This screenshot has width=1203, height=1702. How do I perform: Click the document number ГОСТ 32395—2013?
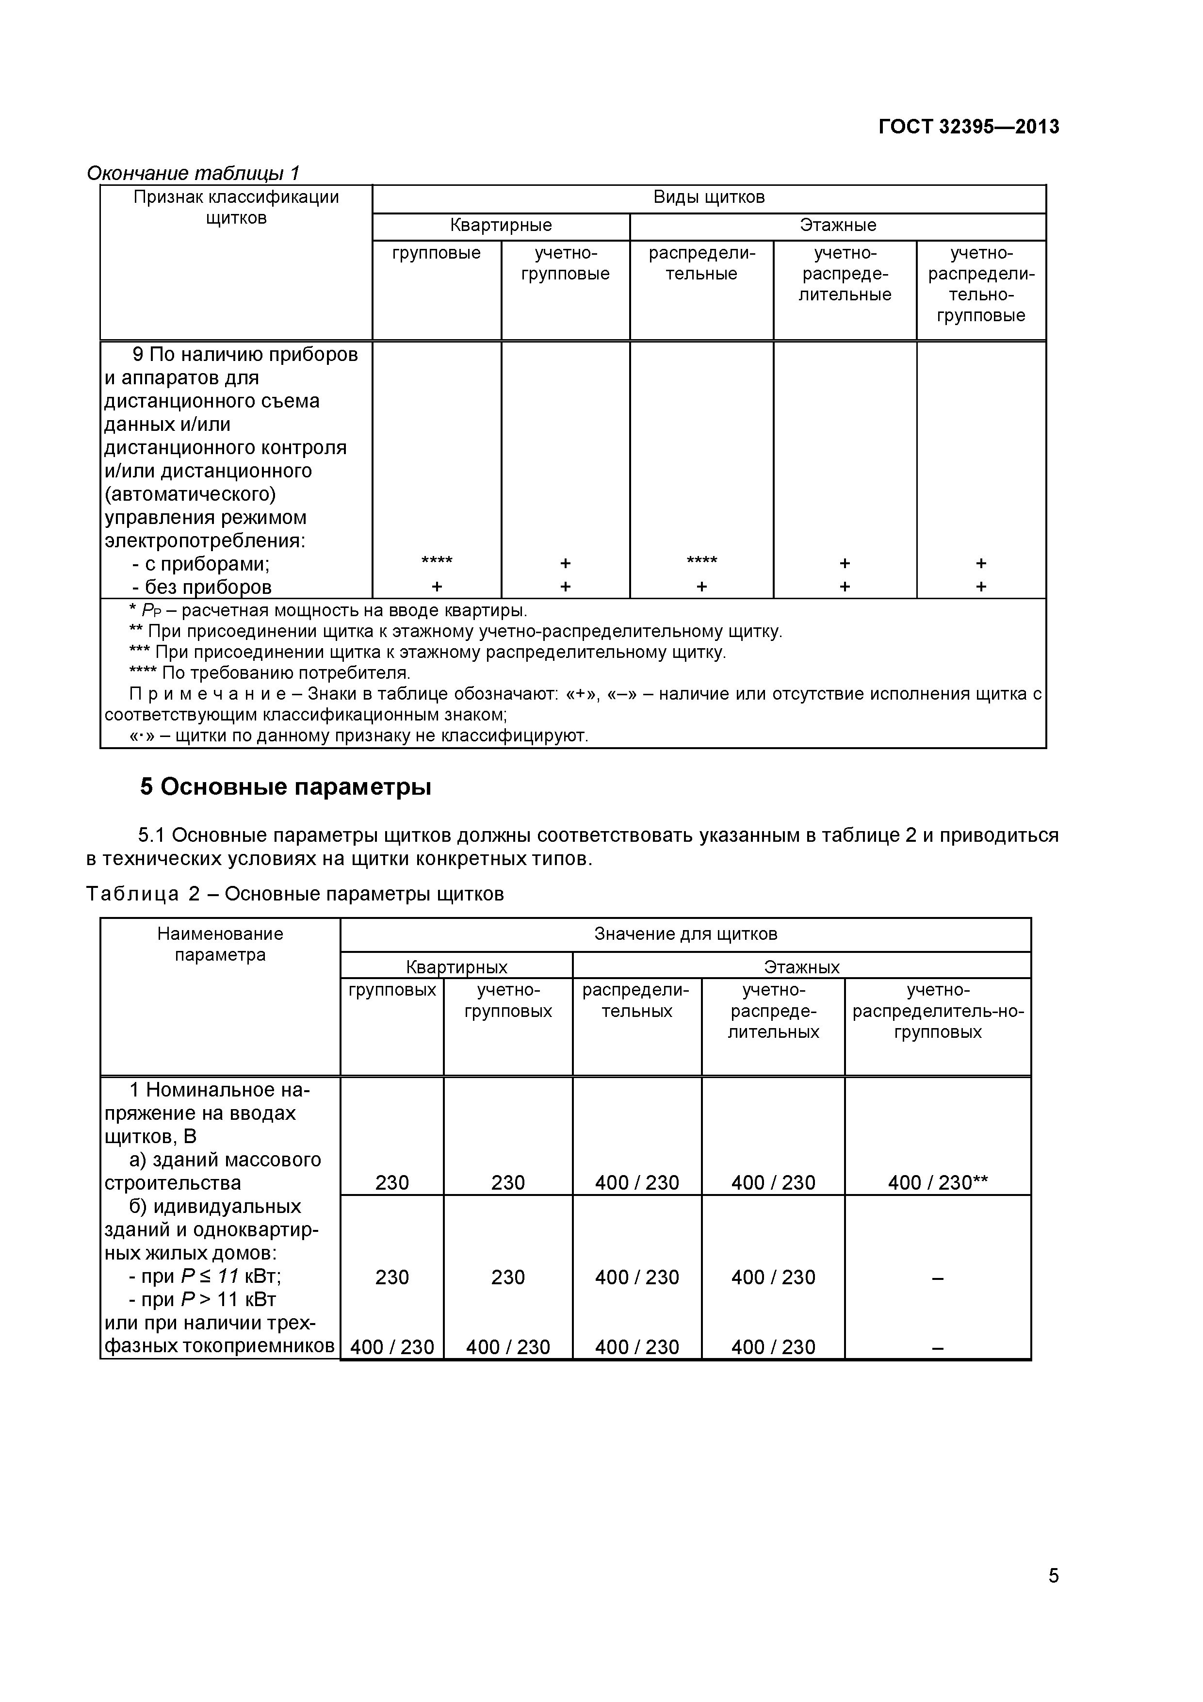968,127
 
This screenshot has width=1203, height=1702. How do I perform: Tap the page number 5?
1053,1596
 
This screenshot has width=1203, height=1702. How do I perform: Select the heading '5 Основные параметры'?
285,786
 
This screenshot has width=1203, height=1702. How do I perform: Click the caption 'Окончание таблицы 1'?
193,174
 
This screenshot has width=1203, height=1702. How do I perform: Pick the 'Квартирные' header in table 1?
501,225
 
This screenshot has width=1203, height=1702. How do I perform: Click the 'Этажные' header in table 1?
838,225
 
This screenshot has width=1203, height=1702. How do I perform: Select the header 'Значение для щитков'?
685,934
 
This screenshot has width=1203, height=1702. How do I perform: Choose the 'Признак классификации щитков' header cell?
236,208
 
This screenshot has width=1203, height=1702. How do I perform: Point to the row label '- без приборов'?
202,587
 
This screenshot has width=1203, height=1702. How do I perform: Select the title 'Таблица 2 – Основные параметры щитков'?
295,894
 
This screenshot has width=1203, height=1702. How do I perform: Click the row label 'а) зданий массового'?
225,1160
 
